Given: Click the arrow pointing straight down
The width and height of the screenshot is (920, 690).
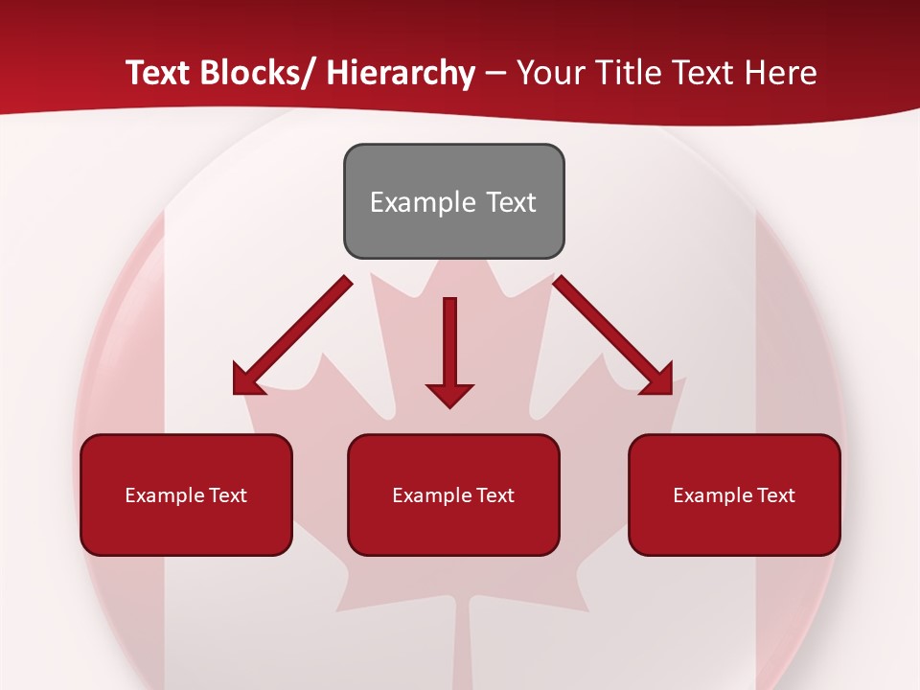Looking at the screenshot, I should (x=449, y=345).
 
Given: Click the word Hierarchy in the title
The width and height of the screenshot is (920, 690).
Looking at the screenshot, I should (x=401, y=73).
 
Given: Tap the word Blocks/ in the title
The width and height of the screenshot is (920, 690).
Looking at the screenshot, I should (x=259, y=73).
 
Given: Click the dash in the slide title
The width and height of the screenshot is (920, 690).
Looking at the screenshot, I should (x=495, y=74).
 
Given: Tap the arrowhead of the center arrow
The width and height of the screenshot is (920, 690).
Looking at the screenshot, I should (x=449, y=394).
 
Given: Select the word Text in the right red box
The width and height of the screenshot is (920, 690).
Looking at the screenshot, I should (x=776, y=495).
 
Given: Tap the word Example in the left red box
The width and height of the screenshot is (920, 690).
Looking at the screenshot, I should (x=164, y=495).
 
